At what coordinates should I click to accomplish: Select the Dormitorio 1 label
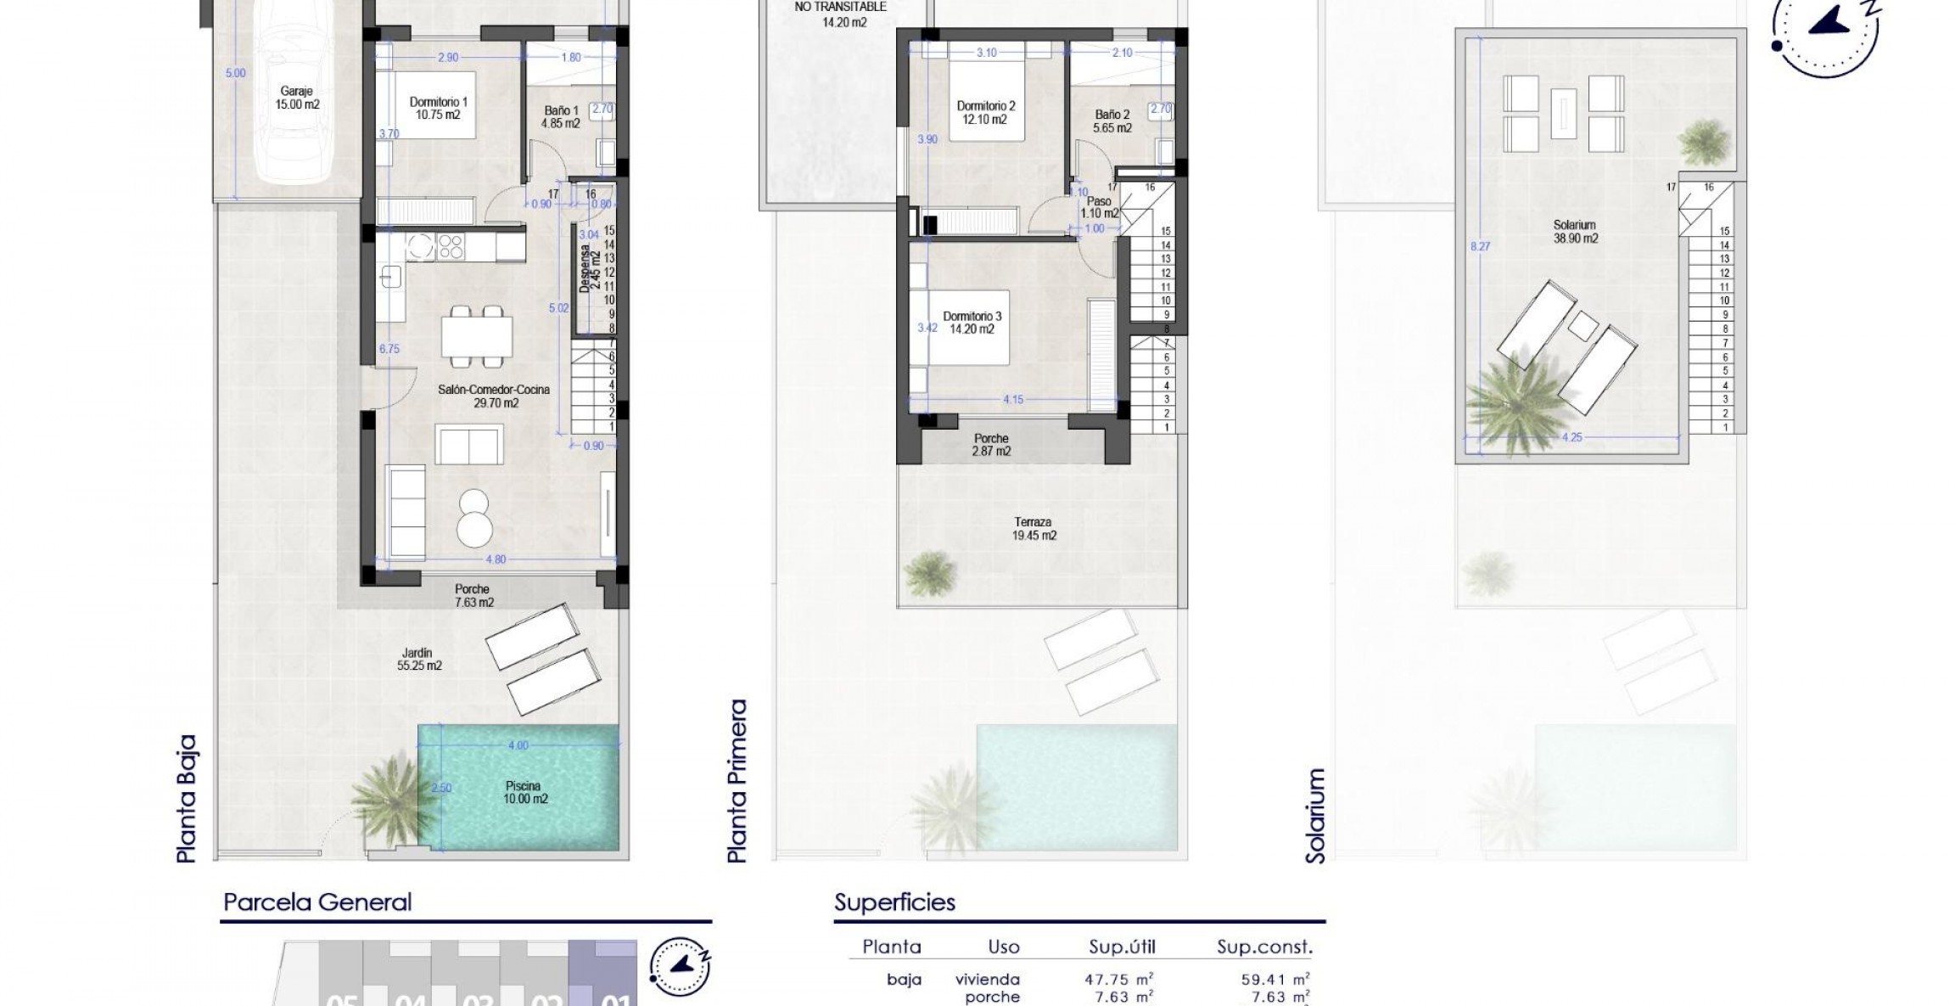pyautogui.click(x=438, y=108)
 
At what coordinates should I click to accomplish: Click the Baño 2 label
pyautogui.click(x=1112, y=121)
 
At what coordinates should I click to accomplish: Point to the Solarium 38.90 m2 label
pyautogui.click(x=1575, y=232)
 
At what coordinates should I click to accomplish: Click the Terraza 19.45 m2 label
pyautogui.click(x=1034, y=529)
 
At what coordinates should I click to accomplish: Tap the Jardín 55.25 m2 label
pyautogui.click(x=419, y=660)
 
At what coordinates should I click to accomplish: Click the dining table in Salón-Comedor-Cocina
pyautogui.click(x=476, y=336)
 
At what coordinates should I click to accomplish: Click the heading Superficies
pyautogui.click(x=894, y=902)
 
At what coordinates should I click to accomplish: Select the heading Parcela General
pyautogui.click(x=317, y=902)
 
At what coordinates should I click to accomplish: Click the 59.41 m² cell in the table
pyautogui.click(x=1274, y=980)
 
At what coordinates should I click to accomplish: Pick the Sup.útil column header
pyautogui.click(x=1122, y=947)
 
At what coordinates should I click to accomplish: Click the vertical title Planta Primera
pyautogui.click(x=738, y=780)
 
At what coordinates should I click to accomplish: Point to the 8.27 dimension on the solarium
pyautogui.click(x=1480, y=246)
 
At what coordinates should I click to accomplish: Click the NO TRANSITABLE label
pyautogui.click(x=840, y=7)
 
